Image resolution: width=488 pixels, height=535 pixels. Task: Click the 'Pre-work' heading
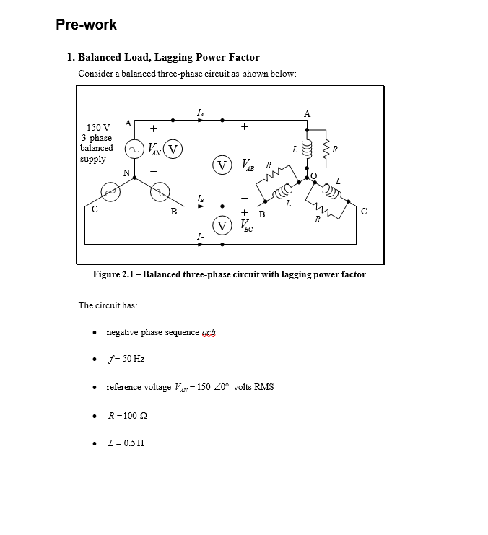pyautogui.click(x=86, y=25)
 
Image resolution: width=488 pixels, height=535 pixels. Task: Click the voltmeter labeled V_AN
pyautogui.click(x=173, y=149)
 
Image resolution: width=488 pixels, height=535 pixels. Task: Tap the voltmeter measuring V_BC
pyautogui.click(x=222, y=225)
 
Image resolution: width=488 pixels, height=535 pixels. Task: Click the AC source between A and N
pyautogui.click(x=134, y=149)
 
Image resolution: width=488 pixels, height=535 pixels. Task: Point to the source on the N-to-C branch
pyautogui.click(x=110, y=191)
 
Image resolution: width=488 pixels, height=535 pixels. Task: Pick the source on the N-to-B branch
pyautogui.click(x=160, y=191)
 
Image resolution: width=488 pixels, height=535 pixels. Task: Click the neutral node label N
pyautogui.click(x=127, y=173)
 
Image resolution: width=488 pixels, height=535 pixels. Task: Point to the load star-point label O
pyautogui.click(x=313, y=175)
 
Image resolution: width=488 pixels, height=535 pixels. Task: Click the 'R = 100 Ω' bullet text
pyautogui.click(x=128, y=415)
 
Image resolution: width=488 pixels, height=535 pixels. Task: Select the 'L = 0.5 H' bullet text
pyautogui.click(x=125, y=443)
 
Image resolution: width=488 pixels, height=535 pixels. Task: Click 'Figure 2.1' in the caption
pyautogui.click(x=114, y=274)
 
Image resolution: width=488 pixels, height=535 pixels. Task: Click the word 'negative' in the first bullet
pyautogui.click(x=122, y=332)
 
